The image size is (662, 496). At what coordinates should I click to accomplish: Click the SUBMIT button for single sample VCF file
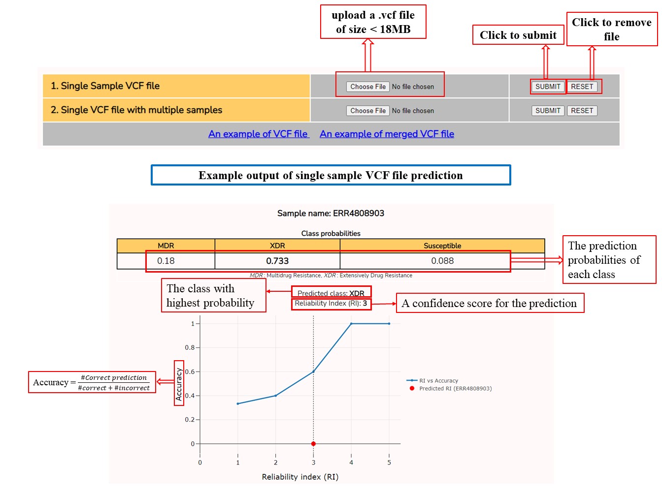pyautogui.click(x=547, y=87)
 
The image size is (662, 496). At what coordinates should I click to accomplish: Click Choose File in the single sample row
pyautogui.click(x=367, y=87)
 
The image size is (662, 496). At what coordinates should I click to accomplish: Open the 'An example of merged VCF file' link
pyautogui.click(x=387, y=134)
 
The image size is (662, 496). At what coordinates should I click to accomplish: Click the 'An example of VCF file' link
pyautogui.click(x=259, y=134)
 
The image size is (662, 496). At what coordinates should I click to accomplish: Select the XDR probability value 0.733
pyautogui.click(x=277, y=260)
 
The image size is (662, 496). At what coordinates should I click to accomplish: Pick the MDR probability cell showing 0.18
pyautogui.click(x=165, y=260)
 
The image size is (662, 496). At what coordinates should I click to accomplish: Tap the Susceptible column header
pyautogui.click(x=442, y=246)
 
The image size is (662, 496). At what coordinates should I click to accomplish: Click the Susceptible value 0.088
pyautogui.click(x=442, y=260)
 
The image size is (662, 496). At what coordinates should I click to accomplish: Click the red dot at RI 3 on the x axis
pyautogui.click(x=313, y=444)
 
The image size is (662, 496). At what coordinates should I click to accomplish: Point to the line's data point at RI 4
pyautogui.click(x=351, y=324)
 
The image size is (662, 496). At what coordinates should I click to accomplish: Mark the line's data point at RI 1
pyautogui.click(x=237, y=403)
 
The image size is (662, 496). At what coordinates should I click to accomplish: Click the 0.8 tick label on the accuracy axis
pyautogui.click(x=190, y=347)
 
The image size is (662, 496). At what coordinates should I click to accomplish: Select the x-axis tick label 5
pyautogui.click(x=389, y=462)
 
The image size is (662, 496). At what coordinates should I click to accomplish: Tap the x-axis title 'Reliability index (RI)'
pyautogui.click(x=300, y=477)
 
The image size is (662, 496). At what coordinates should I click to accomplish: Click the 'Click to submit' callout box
pyautogui.click(x=518, y=35)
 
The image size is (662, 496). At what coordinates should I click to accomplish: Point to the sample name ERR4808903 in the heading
pyautogui.click(x=358, y=213)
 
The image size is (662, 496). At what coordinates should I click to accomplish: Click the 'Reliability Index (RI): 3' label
pyautogui.click(x=331, y=303)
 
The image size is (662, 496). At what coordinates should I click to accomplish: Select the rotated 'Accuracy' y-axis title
pyautogui.click(x=178, y=384)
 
